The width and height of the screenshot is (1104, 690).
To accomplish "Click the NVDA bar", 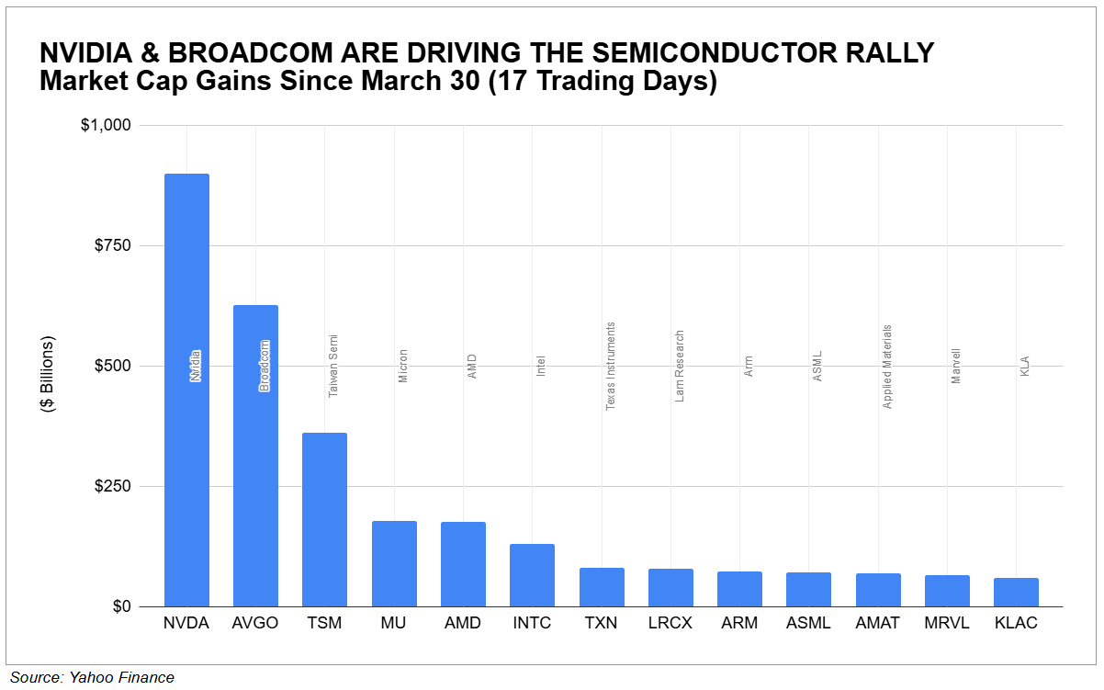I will tap(186, 390).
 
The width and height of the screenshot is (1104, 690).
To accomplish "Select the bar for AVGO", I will tap(255, 456).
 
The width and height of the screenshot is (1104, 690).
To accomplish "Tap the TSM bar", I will tap(324, 519).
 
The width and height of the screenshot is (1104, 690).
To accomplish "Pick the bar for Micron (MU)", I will tap(394, 563).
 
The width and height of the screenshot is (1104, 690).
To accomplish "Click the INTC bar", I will tap(532, 575).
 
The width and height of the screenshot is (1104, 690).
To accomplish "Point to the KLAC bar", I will tap(1016, 592).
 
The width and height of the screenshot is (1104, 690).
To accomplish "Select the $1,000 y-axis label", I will tap(107, 125).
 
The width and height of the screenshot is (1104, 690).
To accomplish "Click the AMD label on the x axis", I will tap(463, 624).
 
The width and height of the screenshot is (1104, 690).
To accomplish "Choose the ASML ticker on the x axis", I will tap(808, 624).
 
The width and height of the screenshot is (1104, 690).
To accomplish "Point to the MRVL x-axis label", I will tap(947, 624).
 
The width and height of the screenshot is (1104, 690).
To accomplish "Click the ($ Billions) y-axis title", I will tap(49, 373).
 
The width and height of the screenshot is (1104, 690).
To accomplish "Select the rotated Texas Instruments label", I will tap(611, 366).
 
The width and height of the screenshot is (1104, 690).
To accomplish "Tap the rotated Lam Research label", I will tap(680, 367).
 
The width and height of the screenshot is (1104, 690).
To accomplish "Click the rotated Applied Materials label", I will tap(887, 367).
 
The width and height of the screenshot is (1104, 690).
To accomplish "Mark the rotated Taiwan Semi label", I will tap(333, 366).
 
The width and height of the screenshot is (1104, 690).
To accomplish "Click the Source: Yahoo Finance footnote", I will tap(92, 678).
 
